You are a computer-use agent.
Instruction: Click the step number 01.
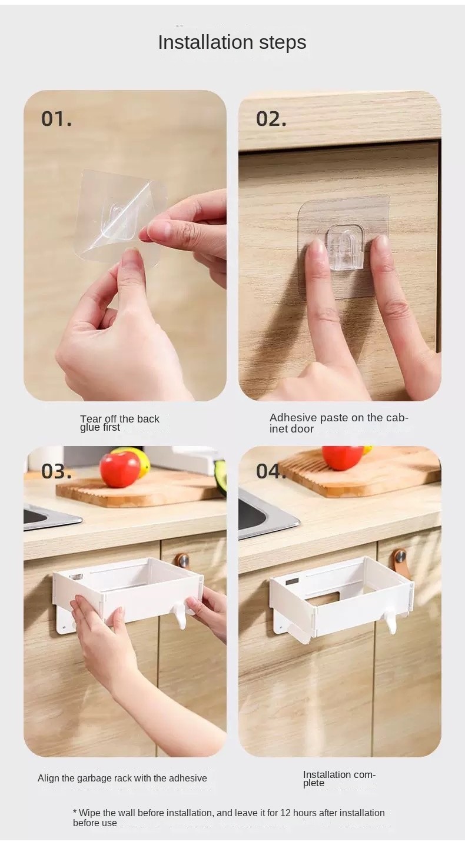(57, 119)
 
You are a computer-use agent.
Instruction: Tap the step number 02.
(271, 119)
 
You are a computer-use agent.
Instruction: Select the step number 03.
(57, 471)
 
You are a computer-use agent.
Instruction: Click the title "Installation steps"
(232, 42)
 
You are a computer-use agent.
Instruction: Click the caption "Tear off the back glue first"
(119, 423)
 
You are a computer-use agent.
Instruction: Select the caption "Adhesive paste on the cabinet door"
(338, 423)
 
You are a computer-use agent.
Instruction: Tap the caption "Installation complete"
(339, 779)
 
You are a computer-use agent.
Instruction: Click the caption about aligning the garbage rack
(122, 778)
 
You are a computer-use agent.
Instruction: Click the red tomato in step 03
(119, 469)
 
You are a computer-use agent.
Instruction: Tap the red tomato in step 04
(342, 457)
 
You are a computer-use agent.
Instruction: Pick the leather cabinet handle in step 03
(182, 560)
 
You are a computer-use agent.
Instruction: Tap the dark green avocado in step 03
(221, 477)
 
